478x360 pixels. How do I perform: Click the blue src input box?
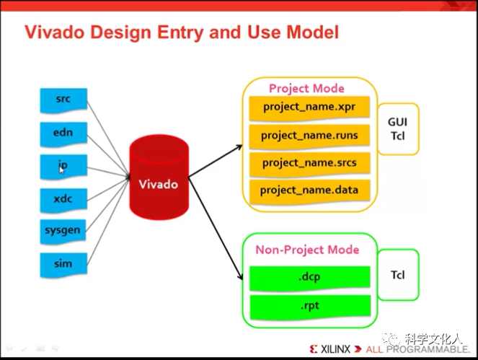63,98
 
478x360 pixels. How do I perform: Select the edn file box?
63,132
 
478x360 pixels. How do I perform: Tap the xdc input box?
63,198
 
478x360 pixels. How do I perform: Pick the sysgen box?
63,230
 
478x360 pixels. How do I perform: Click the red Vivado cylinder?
159,180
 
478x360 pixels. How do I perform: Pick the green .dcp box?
310,276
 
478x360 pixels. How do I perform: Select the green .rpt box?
310,305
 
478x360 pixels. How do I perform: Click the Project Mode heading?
306,88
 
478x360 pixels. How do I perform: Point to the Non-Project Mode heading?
307,250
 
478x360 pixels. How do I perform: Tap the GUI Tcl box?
397,129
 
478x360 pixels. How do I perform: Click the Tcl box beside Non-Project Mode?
397,275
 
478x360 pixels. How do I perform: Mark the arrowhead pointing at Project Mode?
239,147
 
